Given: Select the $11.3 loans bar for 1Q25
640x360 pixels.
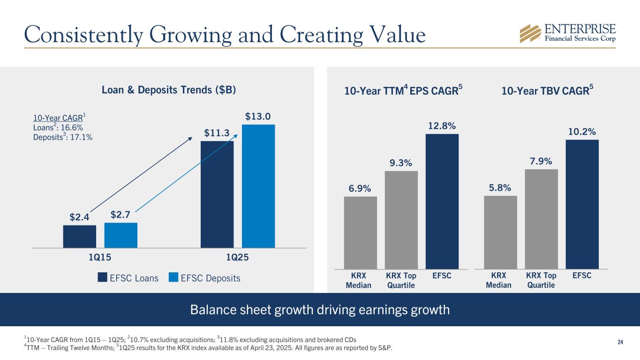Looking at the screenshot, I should (x=217, y=194).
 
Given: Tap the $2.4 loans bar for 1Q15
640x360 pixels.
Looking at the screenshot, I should (x=80, y=236).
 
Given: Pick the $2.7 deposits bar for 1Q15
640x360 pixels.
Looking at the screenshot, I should (x=121, y=235).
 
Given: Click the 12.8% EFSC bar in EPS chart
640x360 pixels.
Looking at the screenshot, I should (x=442, y=202).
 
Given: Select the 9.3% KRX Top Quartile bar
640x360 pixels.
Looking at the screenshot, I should (x=401, y=220).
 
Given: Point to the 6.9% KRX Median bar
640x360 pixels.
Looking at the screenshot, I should (x=360, y=232).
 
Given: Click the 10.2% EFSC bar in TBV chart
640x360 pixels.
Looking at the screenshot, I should (x=582, y=204).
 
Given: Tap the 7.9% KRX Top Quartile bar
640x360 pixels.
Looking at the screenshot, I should (x=542, y=219).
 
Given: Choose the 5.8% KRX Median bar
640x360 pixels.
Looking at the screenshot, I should (x=500, y=232).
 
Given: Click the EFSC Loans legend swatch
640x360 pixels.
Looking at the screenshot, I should (x=103, y=278).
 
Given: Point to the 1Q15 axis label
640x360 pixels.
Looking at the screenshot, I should (x=100, y=257).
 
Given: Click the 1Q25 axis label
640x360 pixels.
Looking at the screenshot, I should (x=237, y=257).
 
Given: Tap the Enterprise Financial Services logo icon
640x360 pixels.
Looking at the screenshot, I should (x=531, y=33).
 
